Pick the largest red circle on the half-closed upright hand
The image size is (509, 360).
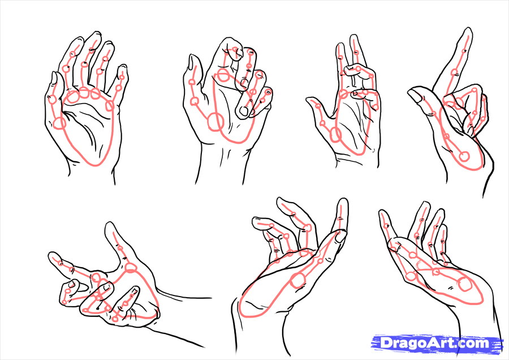point(215,121)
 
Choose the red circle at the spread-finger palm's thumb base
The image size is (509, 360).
point(60,122)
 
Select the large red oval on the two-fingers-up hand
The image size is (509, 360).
point(335,135)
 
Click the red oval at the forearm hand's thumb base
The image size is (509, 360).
point(131,267)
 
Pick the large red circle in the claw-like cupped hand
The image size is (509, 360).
point(297,280)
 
